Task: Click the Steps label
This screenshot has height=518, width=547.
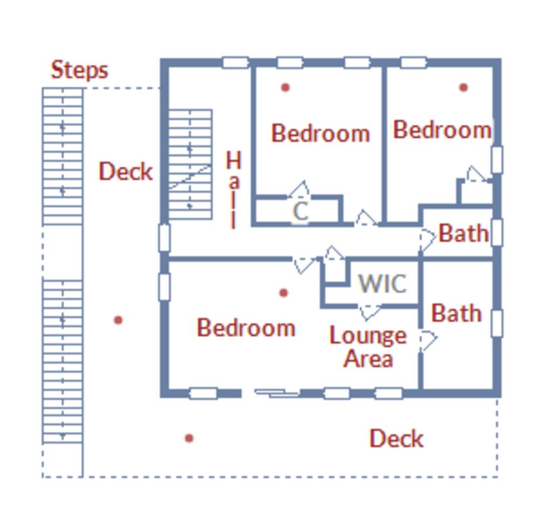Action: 79,70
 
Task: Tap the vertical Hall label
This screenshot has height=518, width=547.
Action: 234,189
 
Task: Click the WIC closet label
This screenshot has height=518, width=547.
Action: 382,283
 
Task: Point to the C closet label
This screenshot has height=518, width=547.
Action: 300,211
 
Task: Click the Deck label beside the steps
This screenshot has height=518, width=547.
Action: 126,172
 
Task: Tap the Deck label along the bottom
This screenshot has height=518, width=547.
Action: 396,439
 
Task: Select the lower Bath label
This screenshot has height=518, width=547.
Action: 457,313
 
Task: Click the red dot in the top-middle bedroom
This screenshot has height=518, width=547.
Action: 285,87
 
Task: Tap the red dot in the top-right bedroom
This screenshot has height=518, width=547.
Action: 463,87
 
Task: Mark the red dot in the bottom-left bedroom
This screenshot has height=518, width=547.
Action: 284,292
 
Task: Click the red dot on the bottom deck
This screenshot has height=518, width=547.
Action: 189,438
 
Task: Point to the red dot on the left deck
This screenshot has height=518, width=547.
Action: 118,320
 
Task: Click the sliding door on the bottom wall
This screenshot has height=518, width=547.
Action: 277,393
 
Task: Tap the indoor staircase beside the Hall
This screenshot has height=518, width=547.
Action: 190,165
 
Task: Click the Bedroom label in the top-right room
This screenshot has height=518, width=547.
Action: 442,130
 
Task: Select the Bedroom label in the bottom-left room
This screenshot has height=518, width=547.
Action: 247,328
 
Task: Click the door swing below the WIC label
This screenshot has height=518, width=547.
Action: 370,312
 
